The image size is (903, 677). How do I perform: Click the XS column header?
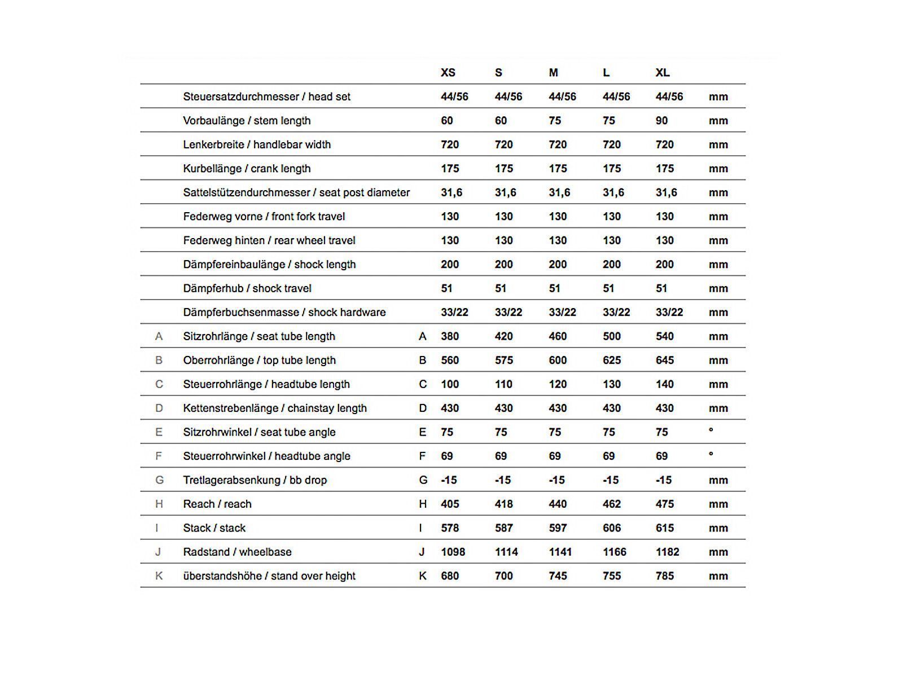coord(448,73)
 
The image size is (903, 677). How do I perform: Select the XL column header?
coord(663,73)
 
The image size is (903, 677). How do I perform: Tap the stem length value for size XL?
coord(661,121)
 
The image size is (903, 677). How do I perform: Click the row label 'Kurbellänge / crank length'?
coord(247,169)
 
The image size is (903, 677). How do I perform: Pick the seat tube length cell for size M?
coord(558,336)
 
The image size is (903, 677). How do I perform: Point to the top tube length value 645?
coord(664,361)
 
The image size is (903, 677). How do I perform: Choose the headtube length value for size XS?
coord(450,384)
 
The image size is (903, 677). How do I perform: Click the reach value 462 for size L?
coord(612,504)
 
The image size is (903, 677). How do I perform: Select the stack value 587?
coord(503,528)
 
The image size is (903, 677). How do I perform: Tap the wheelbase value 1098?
coord(453,552)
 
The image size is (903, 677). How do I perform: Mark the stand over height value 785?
coord(664,576)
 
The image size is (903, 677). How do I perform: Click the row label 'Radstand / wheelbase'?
coord(237,552)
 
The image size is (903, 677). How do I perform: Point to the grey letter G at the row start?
coord(159,480)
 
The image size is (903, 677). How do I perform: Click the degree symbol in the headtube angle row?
coord(711,454)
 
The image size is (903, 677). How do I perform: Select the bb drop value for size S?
coord(502,480)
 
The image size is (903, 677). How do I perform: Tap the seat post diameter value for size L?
coord(613,192)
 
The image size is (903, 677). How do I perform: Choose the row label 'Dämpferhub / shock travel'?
coord(247,288)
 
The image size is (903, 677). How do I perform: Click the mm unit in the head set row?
coord(718,97)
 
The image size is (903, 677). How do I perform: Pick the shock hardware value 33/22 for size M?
coord(562,313)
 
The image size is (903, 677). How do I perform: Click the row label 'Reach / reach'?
coord(217,504)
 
